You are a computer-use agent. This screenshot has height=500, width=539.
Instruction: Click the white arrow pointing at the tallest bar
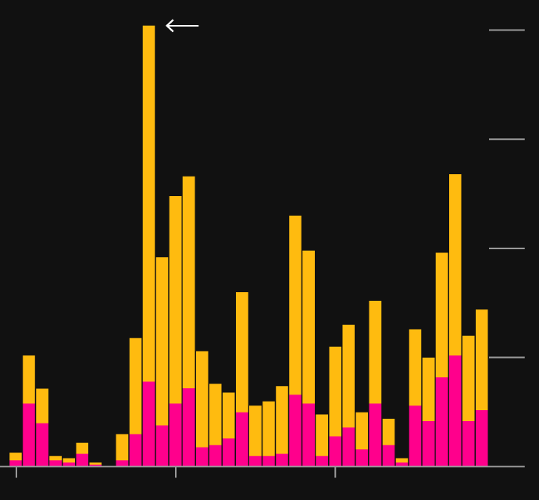[x=183, y=26]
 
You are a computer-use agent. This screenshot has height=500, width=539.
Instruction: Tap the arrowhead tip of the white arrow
[x=167, y=26]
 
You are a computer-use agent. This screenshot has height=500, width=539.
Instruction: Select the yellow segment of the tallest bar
[x=148, y=203]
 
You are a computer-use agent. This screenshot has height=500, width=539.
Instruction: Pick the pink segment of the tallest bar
[x=148, y=423]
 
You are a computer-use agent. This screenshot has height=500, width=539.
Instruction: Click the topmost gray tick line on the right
[x=506, y=30]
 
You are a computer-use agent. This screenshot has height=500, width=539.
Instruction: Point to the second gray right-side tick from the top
[x=506, y=139]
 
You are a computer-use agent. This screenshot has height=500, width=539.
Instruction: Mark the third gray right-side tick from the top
[x=506, y=248]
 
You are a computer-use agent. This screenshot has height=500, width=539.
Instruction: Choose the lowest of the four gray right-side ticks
[x=506, y=357]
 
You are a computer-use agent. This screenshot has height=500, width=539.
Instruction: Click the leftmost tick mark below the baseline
[x=16, y=472]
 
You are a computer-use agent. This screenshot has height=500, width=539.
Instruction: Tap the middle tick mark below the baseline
[x=176, y=472]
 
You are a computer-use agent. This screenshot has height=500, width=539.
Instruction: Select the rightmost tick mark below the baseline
[x=335, y=472]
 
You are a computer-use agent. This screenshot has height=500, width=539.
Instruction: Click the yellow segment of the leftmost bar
[x=16, y=456]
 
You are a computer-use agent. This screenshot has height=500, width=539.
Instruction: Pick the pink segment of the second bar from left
[x=29, y=434]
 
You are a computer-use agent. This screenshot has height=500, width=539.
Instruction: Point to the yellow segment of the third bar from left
[x=42, y=405]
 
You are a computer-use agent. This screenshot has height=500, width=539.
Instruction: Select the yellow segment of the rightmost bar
[x=482, y=359]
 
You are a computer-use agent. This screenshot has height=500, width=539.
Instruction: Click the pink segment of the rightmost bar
[x=482, y=437]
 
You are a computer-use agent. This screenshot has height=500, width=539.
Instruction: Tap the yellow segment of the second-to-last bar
[x=469, y=378]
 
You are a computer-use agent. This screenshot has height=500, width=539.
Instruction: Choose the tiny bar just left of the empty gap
[x=95, y=464]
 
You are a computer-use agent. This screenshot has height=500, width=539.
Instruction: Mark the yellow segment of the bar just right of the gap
[x=122, y=447]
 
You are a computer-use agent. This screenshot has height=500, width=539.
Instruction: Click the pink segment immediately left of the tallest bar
[x=135, y=450]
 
